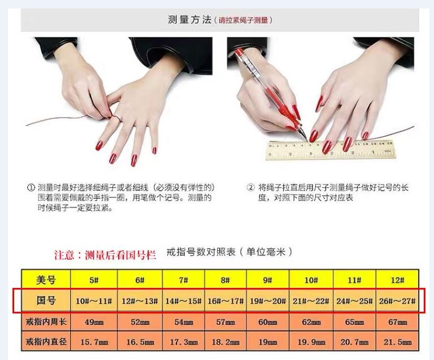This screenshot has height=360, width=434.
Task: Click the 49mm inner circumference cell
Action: click(x=94, y=322)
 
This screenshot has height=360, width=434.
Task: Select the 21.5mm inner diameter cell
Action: click(x=398, y=342)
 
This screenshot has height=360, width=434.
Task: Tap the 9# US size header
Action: click(x=268, y=280)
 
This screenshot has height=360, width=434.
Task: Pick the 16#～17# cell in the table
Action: click(x=226, y=301)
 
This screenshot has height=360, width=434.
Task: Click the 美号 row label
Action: click(x=46, y=280)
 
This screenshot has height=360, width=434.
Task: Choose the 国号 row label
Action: click(x=46, y=301)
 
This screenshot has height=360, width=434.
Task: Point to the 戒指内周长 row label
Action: click(x=46, y=322)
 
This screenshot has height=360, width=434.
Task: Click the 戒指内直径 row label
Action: click(x=46, y=341)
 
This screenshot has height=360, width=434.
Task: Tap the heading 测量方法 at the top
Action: click(x=190, y=20)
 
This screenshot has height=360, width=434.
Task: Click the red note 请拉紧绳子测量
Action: click(x=243, y=20)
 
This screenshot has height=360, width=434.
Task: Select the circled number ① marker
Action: click(x=31, y=187)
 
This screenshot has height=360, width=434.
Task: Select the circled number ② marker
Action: click(x=250, y=187)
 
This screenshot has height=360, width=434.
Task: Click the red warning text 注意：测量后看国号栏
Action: click(x=105, y=255)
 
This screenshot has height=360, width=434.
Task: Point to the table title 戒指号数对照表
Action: click(x=201, y=252)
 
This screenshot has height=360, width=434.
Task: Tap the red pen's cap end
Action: click(x=239, y=52)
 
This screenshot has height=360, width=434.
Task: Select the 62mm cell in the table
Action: click(x=311, y=322)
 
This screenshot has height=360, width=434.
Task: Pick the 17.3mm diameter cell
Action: click(x=183, y=342)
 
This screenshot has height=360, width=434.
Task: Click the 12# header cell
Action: click(x=398, y=280)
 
